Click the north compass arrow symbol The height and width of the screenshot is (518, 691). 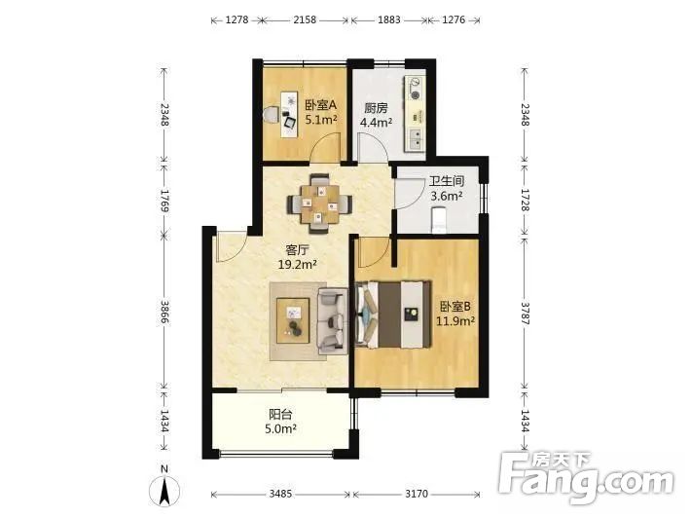pyautogui.click(x=164, y=489)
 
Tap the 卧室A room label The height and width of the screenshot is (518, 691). pyautogui.click(x=321, y=105)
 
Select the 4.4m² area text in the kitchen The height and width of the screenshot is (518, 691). pyautogui.click(x=377, y=123)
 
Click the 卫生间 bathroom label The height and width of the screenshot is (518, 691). pyautogui.click(x=447, y=181)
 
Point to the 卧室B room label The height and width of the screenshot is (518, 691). pyautogui.click(x=455, y=306)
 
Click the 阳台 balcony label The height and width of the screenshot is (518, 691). pyautogui.click(x=280, y=415)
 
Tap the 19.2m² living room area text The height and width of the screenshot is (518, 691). pyautogui.click(x=298, y=265)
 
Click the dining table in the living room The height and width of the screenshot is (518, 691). pyautogui.click(x=320, y=204)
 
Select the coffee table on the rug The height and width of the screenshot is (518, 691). pyautogui.click(x=293, y=320)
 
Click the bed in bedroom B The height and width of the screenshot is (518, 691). pyautogui.click(x=393, y=314)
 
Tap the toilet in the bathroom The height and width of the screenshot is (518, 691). pyautogui.click(x=439, y=220)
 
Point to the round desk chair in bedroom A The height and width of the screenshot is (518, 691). pyautogui.click(x=272, y=115)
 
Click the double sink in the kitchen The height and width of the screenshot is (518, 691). pyautogui.click(x=416, y=137)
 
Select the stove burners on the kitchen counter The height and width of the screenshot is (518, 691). pyautogui.click(x=415, y=89)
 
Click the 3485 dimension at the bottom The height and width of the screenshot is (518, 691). pyautogui.click(x=280, y=494)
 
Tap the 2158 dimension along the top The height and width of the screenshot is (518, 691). pyautogui.click(x=305, y=19)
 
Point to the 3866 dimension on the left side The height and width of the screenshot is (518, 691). pyautogui.click(x=164, y=312)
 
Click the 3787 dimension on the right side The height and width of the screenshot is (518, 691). pyautogui.click(x=525, y=313)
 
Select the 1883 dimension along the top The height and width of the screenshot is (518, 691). pyautogui.click(x=389, y=19)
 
